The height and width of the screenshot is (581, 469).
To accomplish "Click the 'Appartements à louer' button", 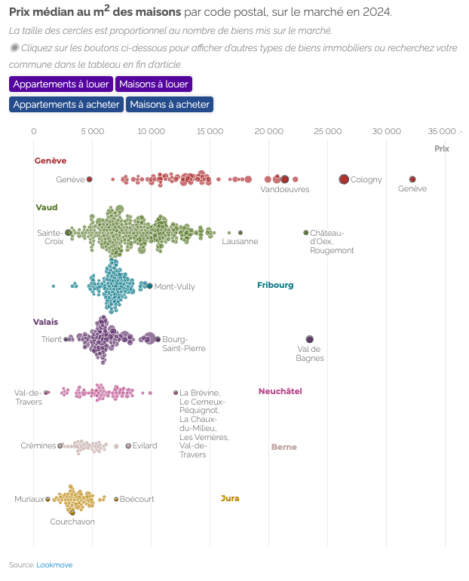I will [61, 84].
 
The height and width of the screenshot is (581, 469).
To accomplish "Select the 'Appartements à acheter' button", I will [66, 104].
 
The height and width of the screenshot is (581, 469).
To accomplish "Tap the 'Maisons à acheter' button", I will [170, 104].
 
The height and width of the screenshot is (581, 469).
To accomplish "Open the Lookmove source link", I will [54, 564].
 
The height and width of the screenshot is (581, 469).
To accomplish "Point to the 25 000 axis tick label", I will [327, 131].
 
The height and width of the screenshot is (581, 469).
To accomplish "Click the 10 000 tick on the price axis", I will [152, 131].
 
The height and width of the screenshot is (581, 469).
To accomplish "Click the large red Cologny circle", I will [344, 179].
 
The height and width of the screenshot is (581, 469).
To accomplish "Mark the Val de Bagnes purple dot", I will [309, 339].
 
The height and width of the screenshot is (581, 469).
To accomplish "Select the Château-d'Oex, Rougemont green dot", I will [306, 233].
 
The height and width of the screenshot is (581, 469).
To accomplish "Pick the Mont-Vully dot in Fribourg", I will [149, 286].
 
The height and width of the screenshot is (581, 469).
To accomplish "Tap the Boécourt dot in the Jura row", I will [116, 499].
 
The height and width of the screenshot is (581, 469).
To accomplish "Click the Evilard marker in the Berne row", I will [128, 446].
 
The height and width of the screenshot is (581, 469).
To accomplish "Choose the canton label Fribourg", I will [275, 285].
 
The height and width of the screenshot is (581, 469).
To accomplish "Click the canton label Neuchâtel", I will [280, 391].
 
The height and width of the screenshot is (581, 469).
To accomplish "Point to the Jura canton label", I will [230, 498].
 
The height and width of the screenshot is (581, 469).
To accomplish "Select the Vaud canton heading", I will [47, 207].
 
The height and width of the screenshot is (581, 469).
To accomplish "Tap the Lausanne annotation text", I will [240, 241].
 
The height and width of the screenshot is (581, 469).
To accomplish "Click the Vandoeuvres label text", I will [285, 189].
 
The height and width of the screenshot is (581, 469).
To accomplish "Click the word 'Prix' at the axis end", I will [442, 148].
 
